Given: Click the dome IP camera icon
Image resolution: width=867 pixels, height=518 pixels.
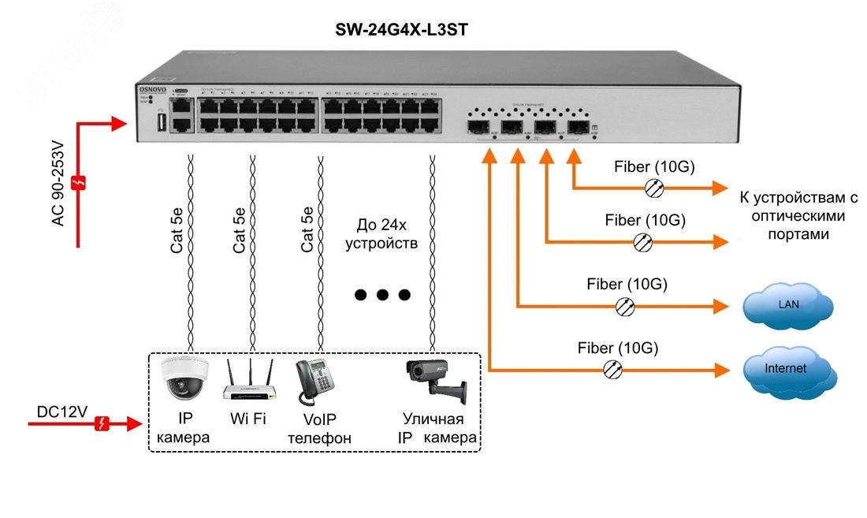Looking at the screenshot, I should coord(183,379).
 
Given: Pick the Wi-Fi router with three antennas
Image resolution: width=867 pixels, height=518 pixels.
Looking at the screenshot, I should coord(248,382).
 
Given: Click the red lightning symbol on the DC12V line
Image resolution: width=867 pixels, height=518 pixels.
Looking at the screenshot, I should coord(102,425).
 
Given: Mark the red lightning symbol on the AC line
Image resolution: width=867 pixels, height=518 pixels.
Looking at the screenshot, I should coord(78,183).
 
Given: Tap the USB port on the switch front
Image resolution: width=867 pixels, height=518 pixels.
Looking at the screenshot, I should coord(162,121).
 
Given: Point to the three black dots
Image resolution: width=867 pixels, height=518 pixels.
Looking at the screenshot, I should coord(382,296).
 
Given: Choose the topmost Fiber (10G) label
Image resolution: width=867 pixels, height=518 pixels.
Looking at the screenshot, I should coord(647,167).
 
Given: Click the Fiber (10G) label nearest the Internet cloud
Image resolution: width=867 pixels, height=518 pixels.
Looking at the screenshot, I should coord(618,348).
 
